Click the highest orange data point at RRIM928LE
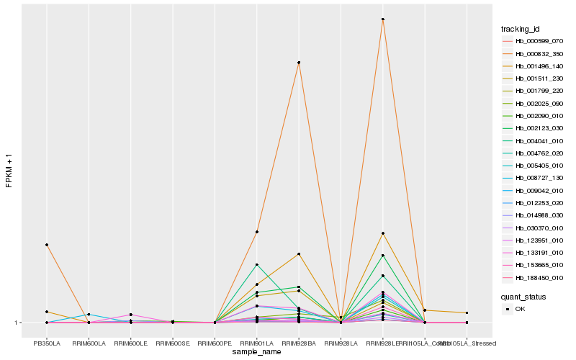click(x=382, y=19)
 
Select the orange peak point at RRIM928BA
click(x=298, y=63)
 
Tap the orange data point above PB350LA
click(x=47, y=245)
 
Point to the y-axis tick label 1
click(x=17, y=323)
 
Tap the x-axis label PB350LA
click(x=47, y=343)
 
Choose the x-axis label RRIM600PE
click(x=215, y=343)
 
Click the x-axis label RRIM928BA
click(x=298, y=343)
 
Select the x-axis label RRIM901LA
click(x=256, y=343)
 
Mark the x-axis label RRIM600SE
click(x=173, y=343)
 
